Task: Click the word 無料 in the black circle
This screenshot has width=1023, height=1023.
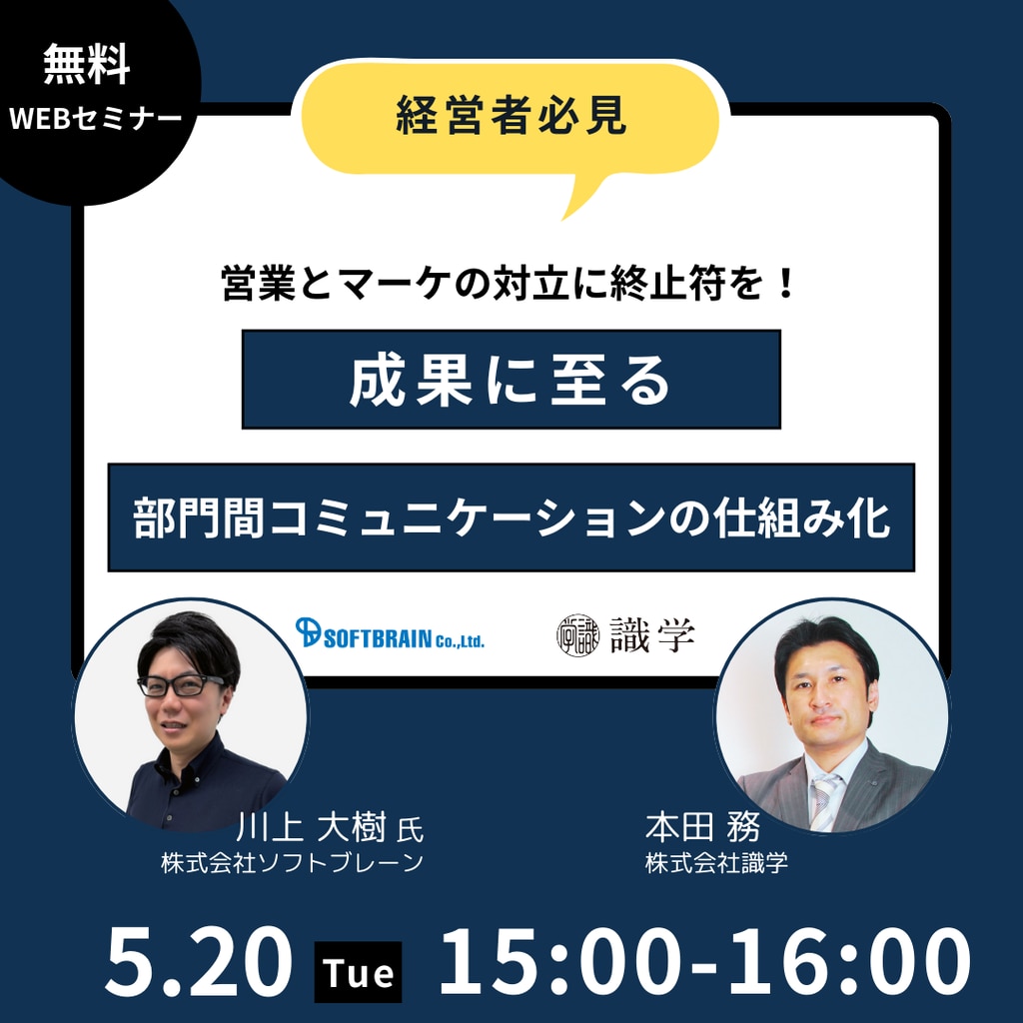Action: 87,65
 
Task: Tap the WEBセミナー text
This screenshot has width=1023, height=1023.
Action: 95,119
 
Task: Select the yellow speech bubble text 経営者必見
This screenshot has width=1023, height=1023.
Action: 511,116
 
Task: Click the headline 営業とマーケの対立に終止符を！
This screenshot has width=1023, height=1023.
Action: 509,284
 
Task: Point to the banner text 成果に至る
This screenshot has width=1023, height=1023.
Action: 511,381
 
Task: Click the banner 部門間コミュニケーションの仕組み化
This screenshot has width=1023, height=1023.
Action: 511,518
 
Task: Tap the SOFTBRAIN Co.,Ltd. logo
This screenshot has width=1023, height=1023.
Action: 390,632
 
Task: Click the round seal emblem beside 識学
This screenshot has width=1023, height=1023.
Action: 577,634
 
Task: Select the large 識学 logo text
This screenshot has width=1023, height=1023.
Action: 652,634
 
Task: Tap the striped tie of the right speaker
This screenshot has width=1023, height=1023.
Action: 824,802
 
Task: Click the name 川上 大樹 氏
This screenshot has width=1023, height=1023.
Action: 330,828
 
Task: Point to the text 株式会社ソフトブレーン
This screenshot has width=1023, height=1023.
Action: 293,863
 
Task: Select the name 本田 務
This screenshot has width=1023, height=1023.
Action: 702,827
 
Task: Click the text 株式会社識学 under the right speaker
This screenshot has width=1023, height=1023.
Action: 716,863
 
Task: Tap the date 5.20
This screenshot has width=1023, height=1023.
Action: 199,962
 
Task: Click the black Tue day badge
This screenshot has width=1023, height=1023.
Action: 359,972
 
